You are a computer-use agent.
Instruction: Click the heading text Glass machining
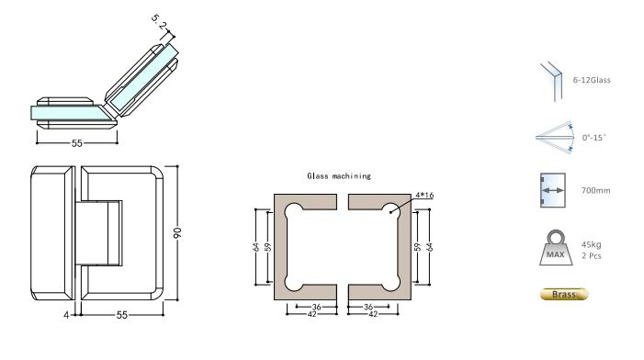coord(339,174)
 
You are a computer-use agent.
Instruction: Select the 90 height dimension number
coord(183,234)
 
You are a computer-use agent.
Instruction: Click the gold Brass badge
coord(561,295)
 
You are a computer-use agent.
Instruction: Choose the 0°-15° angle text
coord(595,137)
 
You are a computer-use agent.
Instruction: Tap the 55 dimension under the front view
coord(122,314)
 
